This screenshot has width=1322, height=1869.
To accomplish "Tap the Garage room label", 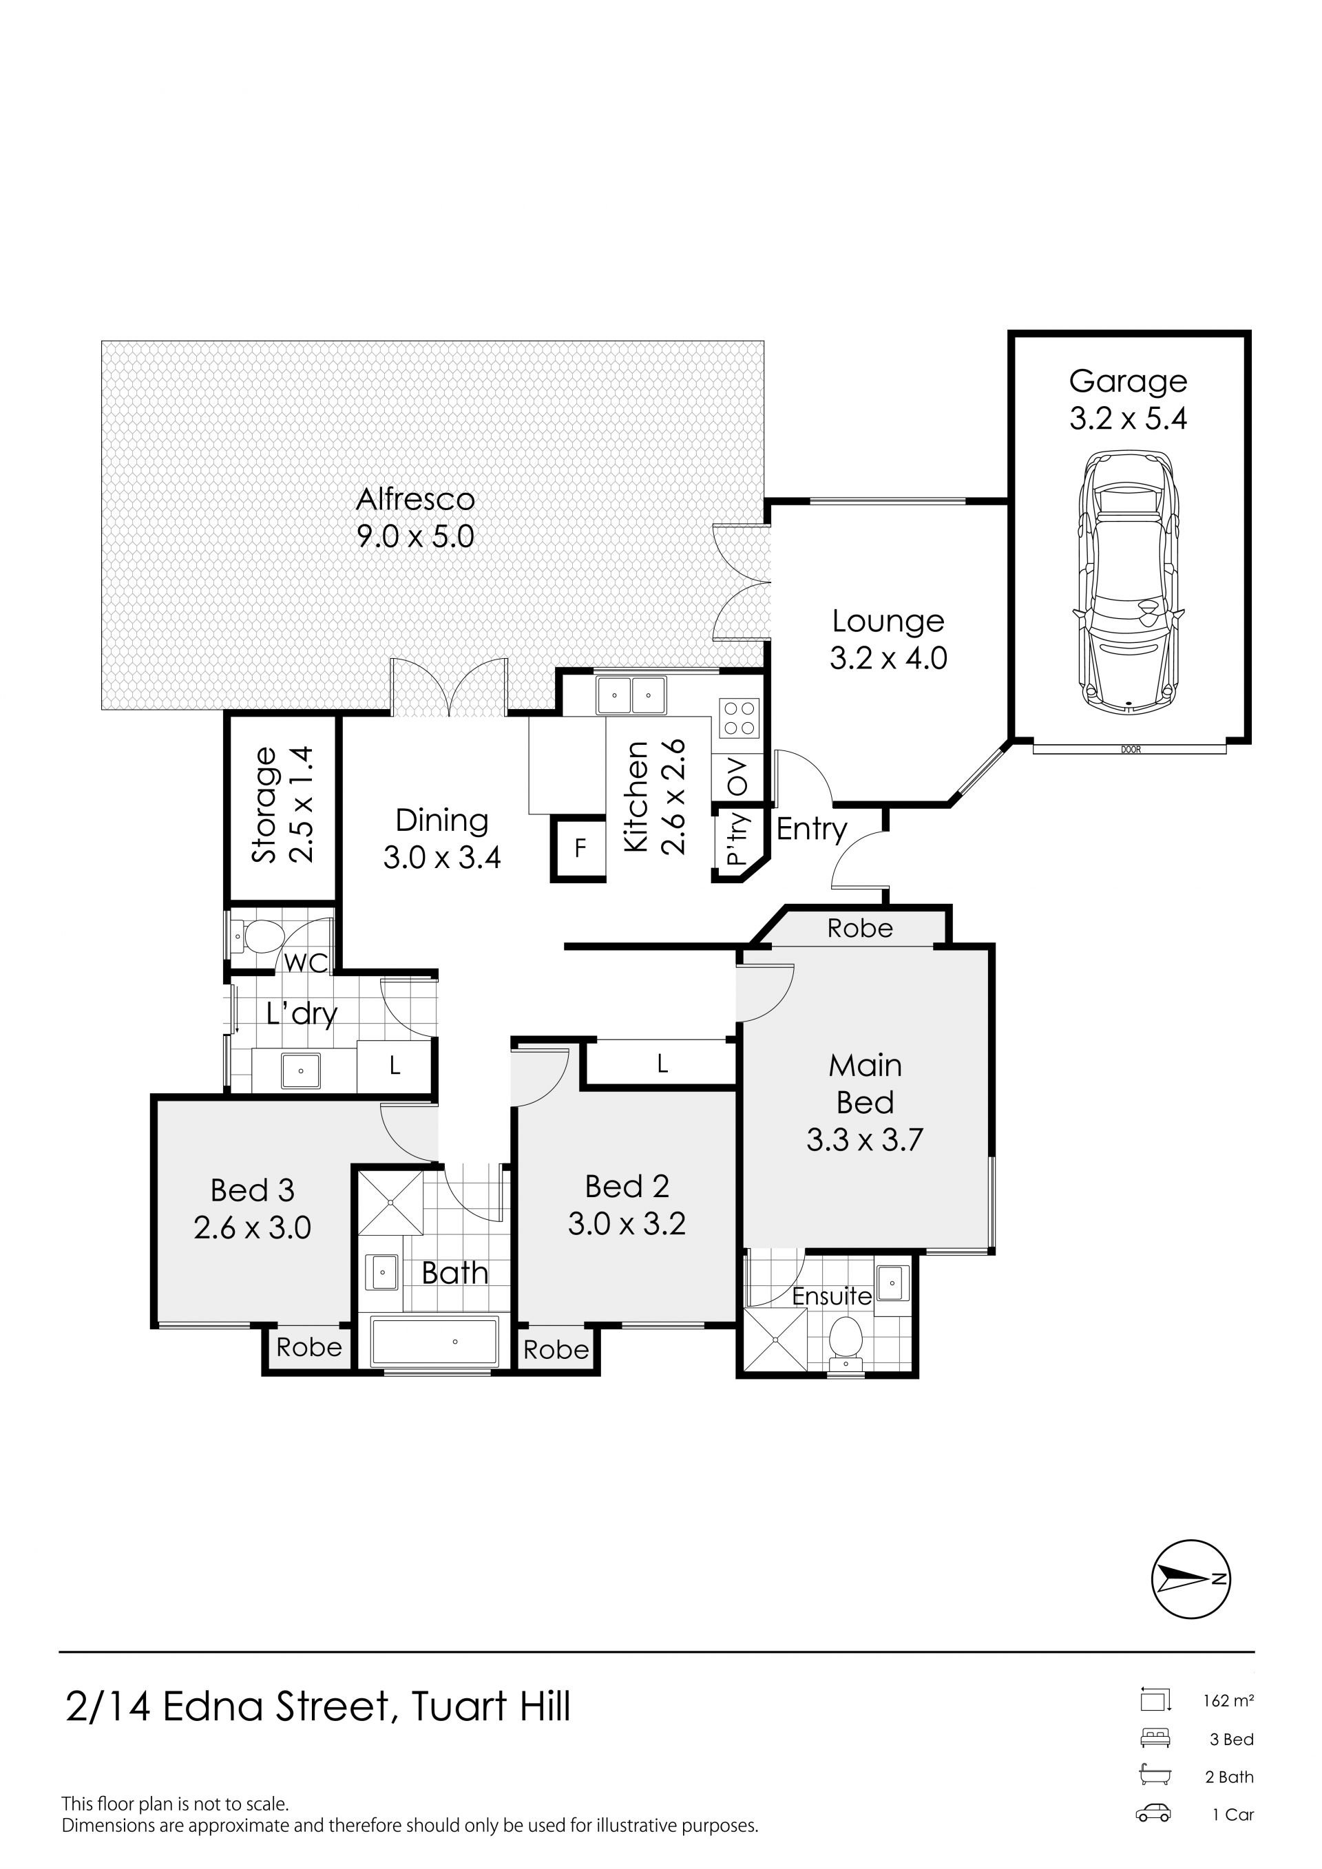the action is [1129, 381].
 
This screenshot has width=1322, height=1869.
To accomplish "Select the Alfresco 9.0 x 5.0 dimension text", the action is [415, 536].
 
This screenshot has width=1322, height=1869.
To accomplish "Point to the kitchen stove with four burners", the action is [739, 718].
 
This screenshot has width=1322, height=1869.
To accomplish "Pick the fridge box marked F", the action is [580, 849].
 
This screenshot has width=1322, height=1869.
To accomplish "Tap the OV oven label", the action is [737, 777].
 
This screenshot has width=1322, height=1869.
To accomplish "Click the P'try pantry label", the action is [737, 839].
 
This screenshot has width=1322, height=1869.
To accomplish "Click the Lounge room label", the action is [888, 621].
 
